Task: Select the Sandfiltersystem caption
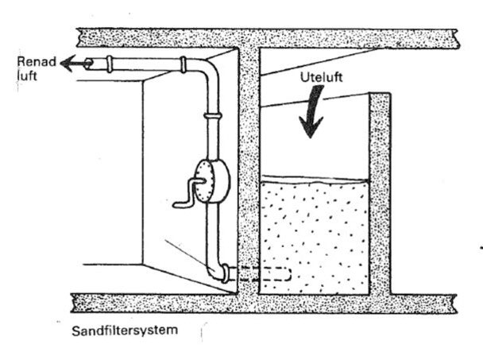coord(115,329)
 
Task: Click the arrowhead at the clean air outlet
coord(71,61)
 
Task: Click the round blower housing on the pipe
coord(211,179)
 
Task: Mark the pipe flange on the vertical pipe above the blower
coord(211,116)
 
